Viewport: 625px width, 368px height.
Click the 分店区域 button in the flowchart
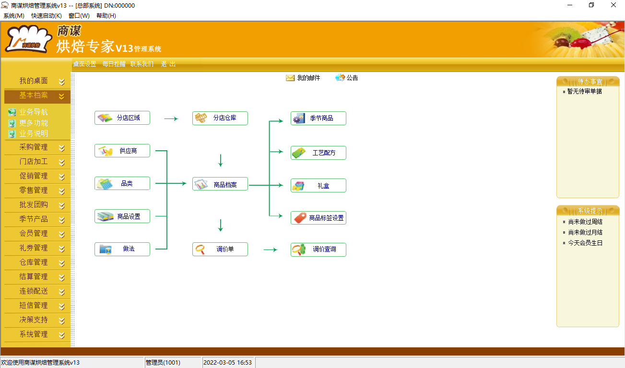(x=122, y=118)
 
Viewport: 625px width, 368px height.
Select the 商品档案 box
(x=220, y=184)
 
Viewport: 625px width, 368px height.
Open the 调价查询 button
(x=318, y=249)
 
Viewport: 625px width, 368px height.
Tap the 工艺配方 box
(x=318, y=153)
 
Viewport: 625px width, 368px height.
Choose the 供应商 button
(x=122, y=151)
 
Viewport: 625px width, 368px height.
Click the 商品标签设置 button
(x=318, y=218)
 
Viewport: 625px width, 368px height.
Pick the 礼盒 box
(x=318, y=186)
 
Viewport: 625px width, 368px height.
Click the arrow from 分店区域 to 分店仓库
(x=171, y=119)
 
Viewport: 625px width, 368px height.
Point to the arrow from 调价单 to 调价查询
(x=271, y=249)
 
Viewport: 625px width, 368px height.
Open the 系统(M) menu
(x=14, y=16)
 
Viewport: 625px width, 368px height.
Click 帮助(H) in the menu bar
(x=106, y=16)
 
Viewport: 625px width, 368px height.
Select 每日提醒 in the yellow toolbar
(x=114, y=64)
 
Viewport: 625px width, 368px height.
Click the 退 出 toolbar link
(x=168, y=64)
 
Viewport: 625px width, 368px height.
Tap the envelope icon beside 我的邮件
(x=290, y=78)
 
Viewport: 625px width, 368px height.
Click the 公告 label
(x=352, y=78)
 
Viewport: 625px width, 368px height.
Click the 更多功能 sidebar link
(x=34, y=123)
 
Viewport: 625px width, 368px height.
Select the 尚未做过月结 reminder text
(x=585, y=232)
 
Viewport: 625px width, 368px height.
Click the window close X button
(x=613, y=5)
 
